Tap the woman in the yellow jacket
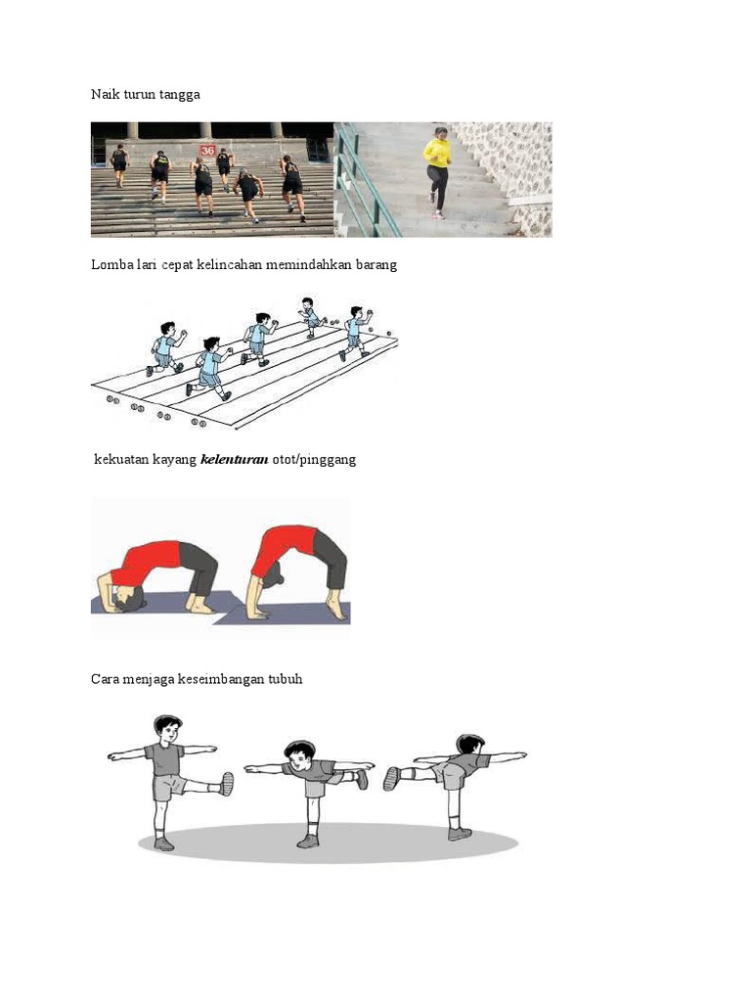(437, 168)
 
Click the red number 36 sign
(207, 150)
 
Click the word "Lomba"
(110, 265)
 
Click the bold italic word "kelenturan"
(234, 459)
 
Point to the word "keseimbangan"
(220, 679)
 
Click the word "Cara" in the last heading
(106, 679)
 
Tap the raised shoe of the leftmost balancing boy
(227, 783)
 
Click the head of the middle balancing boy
(300, 751)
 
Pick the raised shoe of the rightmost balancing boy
(392, 778)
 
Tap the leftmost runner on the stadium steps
(119, 162)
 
